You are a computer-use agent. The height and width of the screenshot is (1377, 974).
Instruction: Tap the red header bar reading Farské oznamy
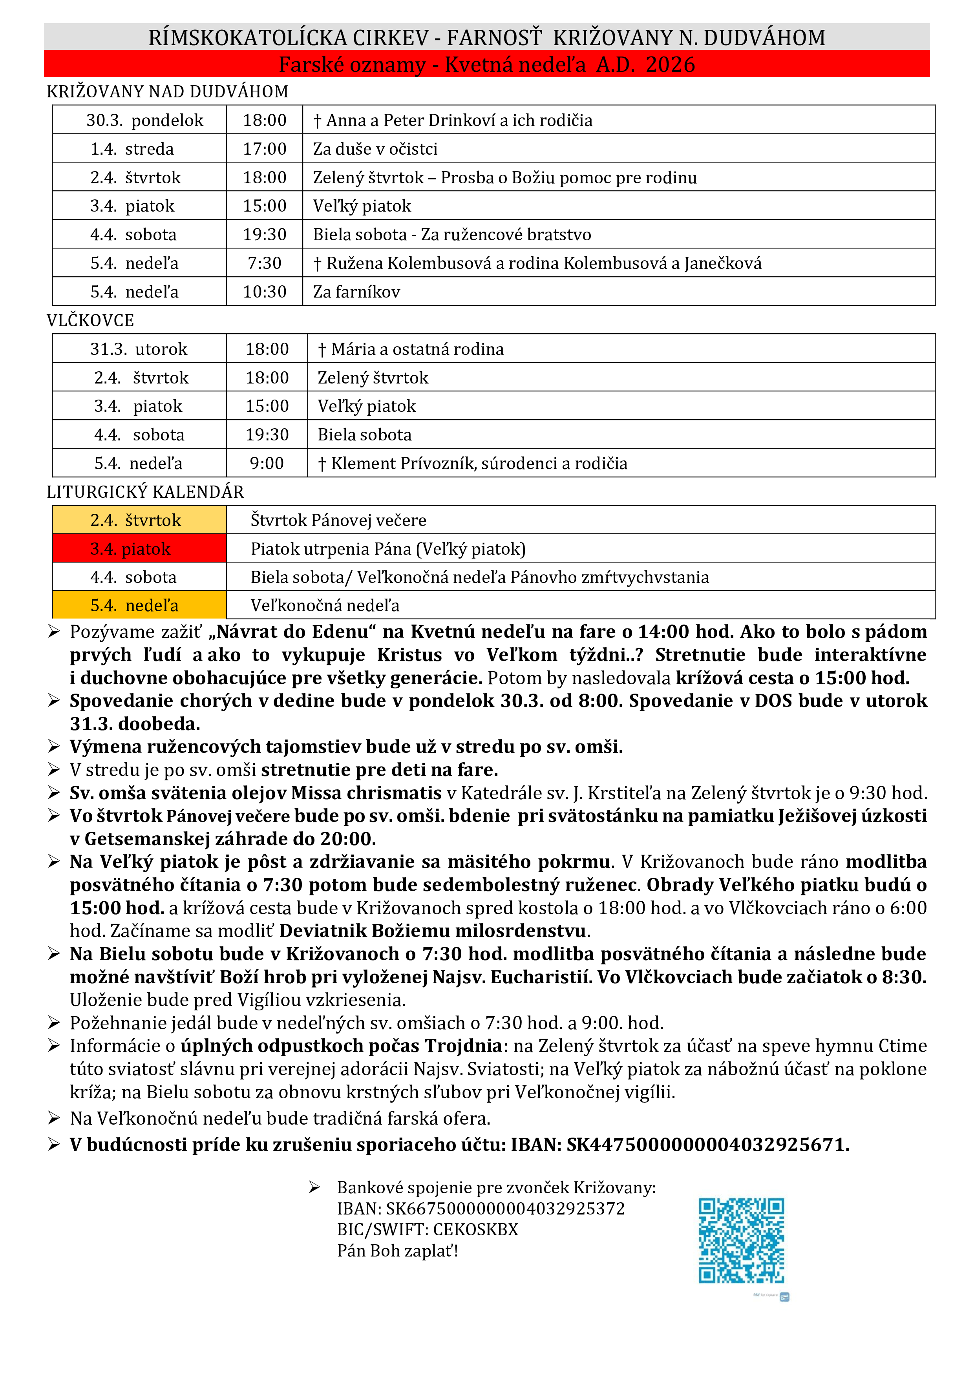click(486, 64)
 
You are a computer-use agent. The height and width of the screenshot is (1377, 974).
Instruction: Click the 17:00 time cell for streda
click(265, 149)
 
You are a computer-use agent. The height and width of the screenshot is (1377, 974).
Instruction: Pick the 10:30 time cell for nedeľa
click(265, 292)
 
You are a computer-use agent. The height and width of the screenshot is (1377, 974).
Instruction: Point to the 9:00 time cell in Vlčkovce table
click(267, 464)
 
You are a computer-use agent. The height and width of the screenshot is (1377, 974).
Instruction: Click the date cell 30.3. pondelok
click(144, 121)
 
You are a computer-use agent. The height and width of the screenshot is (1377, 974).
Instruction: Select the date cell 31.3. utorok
click(139, 349)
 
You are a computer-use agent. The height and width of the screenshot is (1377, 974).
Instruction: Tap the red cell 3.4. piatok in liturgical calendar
click(139, 549)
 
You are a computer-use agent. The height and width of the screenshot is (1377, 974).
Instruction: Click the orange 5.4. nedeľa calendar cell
click(139, 605)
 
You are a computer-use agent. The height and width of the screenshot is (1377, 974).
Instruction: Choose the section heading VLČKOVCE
click(91, 321)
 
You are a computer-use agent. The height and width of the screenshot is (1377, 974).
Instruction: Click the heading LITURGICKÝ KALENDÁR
click(146, 492)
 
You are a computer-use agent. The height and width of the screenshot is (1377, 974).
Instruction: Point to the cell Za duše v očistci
click(375, 149)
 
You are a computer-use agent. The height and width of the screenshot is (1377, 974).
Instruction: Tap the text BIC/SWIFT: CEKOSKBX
click(427, 1229)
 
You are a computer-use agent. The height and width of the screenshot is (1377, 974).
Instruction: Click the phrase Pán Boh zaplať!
click(398, 1251)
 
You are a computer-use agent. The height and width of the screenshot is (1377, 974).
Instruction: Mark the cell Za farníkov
click(356, 292)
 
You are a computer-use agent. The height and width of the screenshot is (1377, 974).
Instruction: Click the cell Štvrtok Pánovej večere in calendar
click(338, 520)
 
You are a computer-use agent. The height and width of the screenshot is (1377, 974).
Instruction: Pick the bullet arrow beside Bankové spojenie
click(314, 1187)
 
